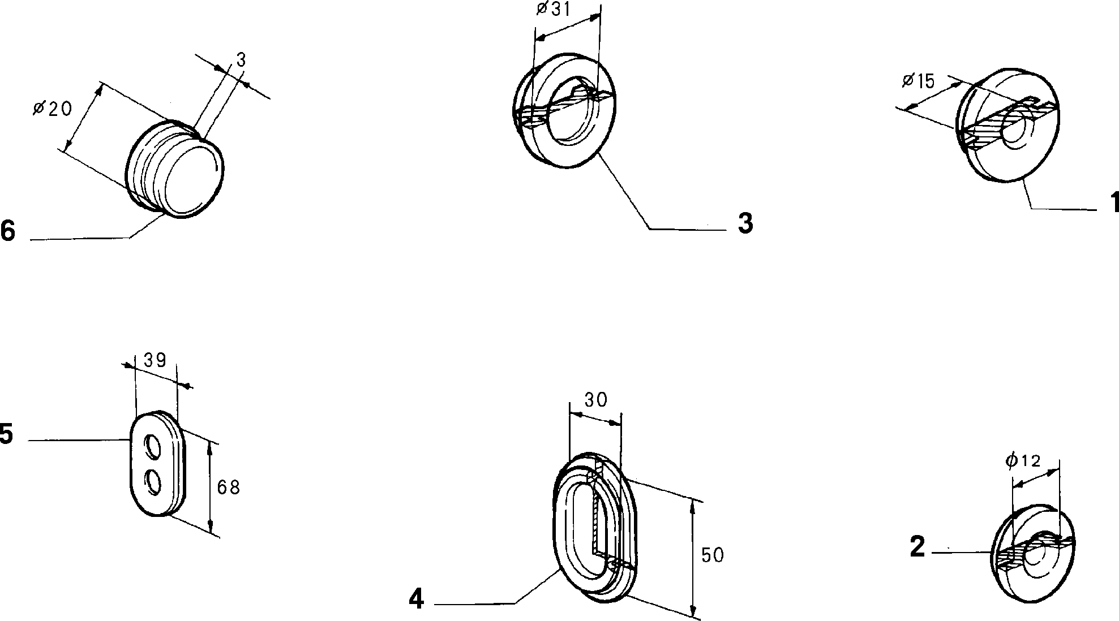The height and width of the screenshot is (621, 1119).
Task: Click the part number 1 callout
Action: [x=1113, y=202]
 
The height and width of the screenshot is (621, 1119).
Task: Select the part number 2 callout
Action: [x=918, y=547]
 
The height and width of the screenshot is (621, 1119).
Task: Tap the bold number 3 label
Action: [x=745, y=224]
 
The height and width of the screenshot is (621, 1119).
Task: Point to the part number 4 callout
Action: [x=416, y=600]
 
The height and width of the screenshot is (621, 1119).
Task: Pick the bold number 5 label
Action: [x=6, y=435]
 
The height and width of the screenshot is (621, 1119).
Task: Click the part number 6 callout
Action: [x=7, y=231]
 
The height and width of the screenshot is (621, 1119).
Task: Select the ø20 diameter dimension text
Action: [x=53, y=107]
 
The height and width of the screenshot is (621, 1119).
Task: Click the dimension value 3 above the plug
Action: [x=241, y=61]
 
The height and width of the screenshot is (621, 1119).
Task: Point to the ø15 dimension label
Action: [x=918, y=81]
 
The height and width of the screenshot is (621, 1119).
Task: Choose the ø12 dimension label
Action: [x=1023, y=461]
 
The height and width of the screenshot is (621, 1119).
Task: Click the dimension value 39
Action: [x=155, y=360]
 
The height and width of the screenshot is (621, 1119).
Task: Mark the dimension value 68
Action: [x=229, y=488]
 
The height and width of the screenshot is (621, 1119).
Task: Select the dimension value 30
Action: [x=595, y=400]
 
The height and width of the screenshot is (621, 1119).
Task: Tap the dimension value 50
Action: [x=713, y=555]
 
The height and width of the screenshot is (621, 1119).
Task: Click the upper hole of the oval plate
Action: [x=152, y=447]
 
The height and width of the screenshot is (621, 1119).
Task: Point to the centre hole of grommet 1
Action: [x=1018, y=131]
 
